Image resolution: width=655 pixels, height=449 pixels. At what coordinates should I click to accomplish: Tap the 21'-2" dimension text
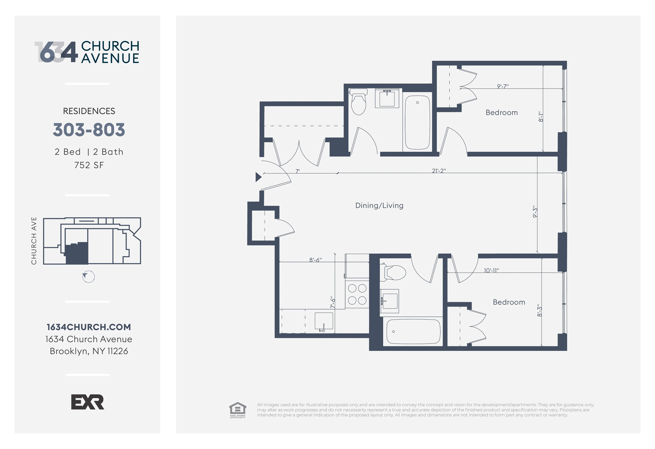click(x=439, y=171)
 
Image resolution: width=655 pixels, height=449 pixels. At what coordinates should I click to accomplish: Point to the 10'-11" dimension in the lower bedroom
click(x=491, y=271)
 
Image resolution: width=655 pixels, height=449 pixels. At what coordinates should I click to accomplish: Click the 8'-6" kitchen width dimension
click(x=315, y=260)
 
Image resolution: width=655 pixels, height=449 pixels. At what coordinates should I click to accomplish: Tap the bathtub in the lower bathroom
click(x=413, y=331)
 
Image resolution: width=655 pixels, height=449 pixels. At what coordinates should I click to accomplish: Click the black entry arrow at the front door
click(x=258, y=177)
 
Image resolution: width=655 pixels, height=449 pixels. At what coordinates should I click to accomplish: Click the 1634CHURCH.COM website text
click(x=89, y=327)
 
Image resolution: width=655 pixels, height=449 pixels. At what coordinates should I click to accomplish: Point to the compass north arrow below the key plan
click(x=88, y=277)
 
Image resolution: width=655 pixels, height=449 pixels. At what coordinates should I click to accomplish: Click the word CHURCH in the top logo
click(x=110, y=46)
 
